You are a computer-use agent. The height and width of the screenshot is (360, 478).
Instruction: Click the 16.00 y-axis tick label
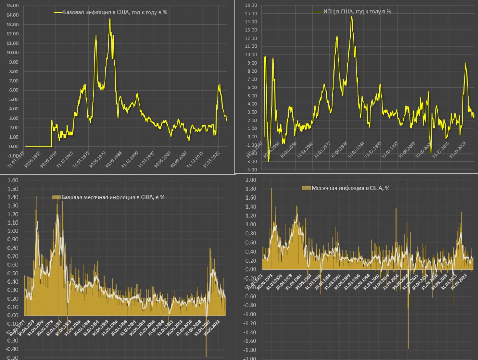point(251,5)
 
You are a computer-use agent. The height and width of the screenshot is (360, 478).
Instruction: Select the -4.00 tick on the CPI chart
point(251,169)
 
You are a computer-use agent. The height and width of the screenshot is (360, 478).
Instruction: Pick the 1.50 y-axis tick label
point(13,189)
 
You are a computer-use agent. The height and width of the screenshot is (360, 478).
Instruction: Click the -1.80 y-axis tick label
point(250,350)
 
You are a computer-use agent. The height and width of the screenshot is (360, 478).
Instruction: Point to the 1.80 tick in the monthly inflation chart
point(251,189)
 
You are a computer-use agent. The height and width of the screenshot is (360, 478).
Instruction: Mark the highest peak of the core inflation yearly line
point(110,19)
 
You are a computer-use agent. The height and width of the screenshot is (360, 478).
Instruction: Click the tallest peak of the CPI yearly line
point(351,16)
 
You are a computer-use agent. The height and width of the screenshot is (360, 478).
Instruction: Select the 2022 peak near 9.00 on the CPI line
point(466,63)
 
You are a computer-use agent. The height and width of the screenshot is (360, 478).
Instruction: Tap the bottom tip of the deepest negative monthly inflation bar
point(408,349)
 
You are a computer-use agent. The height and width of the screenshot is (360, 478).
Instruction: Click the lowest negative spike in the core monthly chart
point(206,357)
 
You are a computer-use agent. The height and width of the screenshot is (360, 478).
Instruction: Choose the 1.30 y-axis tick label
point(13,206)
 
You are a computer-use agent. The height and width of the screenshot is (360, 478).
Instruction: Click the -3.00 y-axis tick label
point(251,161)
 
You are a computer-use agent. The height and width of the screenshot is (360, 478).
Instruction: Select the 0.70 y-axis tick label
point(13,256)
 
